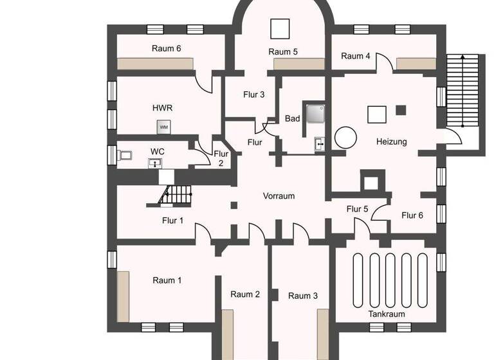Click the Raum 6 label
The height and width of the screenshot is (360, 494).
(166, 48)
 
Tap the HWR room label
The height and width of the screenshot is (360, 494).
(162, 108)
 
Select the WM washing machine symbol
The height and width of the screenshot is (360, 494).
(163, 128)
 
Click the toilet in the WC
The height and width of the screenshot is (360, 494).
(125, 155)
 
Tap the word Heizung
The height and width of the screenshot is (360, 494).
(391, 141)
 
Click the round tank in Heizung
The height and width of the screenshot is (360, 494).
(345, 136)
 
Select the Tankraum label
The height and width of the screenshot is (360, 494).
(387, 314)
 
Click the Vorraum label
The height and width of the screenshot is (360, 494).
(279, 195)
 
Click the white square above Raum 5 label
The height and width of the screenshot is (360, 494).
(280, 29)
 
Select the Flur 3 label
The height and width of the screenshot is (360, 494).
(254, 95)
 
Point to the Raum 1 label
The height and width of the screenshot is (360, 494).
(167, 280)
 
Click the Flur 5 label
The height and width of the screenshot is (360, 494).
(357, 209)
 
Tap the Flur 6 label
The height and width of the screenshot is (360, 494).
(412, 215)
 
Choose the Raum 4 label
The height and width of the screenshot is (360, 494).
(356, 57)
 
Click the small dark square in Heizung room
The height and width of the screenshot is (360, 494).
(401, 109)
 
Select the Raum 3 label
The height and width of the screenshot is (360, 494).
(303, 296)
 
